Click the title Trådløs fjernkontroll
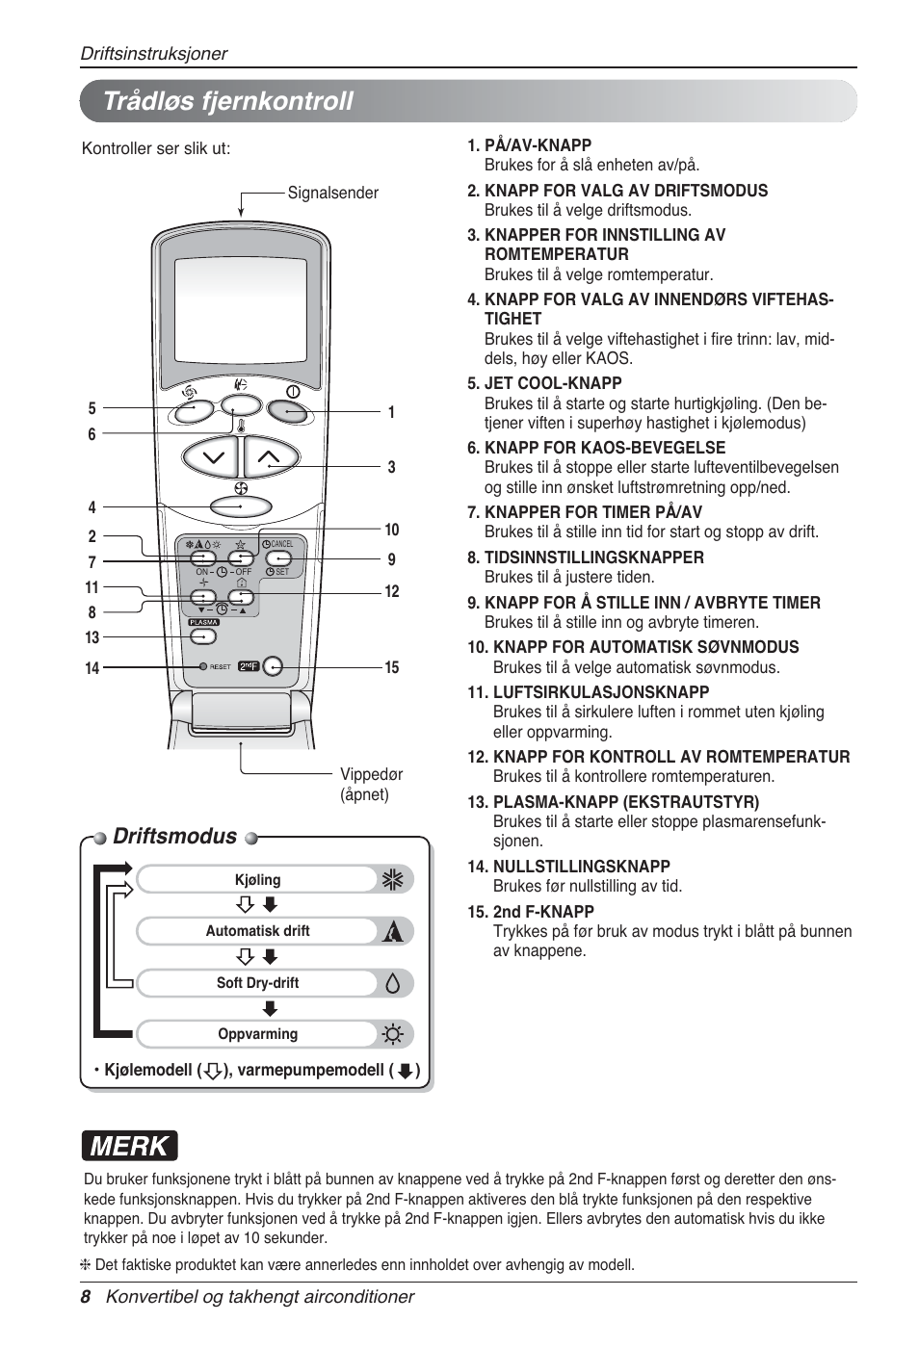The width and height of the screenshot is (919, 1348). pos(228,101)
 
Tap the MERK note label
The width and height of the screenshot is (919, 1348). pos(129,1146)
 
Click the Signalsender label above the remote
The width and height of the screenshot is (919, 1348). pos(332,193)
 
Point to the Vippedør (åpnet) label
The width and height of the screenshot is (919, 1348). pos(370,784)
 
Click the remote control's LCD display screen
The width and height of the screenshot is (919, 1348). pos(240,309)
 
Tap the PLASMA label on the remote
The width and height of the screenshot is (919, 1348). pos(203,622)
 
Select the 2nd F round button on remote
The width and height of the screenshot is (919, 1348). pos(273,666)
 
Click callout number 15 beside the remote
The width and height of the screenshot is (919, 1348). pos(391,667)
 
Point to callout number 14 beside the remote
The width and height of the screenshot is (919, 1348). pos(92,667)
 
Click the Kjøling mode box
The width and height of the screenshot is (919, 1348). pos(257,879)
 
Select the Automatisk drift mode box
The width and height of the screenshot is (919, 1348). pos(257,931)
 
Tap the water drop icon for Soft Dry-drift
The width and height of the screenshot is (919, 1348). pos(392,983)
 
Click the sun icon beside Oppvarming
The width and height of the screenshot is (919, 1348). pos(392,1035)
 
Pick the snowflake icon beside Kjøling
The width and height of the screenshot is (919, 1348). pos(392,879)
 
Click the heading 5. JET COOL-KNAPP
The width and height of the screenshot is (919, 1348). pos(544,383)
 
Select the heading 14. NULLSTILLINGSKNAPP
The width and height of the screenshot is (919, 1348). pos(568,867)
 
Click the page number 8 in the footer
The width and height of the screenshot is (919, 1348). pos(86,1297)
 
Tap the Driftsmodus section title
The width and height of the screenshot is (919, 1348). pos(174,836)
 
